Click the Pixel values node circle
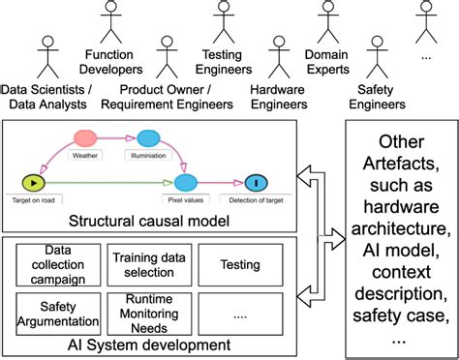186,181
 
